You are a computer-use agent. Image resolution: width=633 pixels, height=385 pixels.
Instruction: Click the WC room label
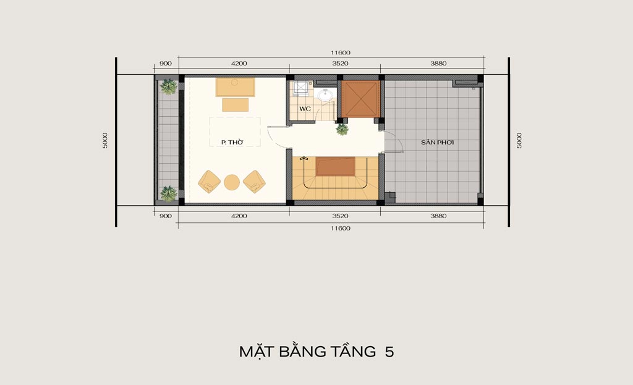click(x=305, y=109)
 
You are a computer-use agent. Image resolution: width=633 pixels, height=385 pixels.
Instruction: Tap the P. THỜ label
click(x=232, y=143)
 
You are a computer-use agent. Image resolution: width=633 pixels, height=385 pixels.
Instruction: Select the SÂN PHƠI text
click(x=438, y=143)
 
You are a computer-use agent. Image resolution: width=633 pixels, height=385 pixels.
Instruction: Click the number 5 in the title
click(x=389, y=352)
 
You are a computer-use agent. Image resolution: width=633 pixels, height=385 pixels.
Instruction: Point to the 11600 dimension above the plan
click(x=341, y=53)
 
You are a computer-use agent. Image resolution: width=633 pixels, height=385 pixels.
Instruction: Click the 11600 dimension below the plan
click(x=341, y=229)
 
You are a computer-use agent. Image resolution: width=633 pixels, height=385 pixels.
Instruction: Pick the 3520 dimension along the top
click(x=341, y=64)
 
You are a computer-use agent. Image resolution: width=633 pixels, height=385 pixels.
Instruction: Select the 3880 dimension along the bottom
click(x=438, y=216)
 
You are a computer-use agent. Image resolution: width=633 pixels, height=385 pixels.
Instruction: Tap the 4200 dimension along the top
click(x=239, y=64)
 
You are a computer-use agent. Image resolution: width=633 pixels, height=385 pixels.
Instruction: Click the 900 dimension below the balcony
click(x=166, y=216)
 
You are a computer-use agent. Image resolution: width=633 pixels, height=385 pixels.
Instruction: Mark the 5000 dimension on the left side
click(x=105, y=140)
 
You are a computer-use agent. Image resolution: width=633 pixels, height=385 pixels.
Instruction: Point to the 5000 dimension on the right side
click(x=519, y=140)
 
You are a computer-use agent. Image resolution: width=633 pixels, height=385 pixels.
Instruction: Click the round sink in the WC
click(x=325, y=96)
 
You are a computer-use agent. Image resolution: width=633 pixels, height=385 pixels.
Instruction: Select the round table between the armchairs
click(x=232, y=182)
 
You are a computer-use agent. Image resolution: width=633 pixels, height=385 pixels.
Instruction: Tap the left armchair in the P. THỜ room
click(x=209, y=182)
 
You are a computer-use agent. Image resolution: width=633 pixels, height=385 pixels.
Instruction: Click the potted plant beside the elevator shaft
click(x=342, y=130)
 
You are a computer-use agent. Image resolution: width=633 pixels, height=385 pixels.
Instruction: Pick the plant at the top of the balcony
click(x=169, y=87)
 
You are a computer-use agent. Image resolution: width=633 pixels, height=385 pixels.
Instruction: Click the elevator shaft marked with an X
click(x=359, y=99)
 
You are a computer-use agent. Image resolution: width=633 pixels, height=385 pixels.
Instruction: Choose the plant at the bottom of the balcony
click(x=169, y=194)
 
